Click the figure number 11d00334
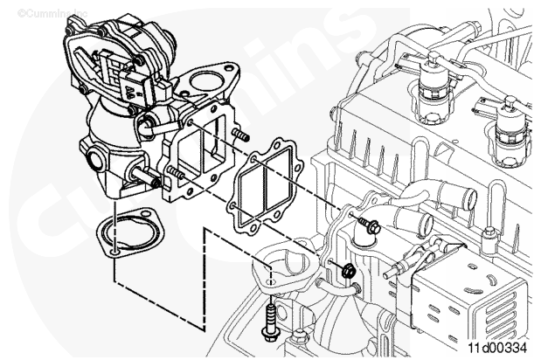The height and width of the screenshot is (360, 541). (x=497, y=347)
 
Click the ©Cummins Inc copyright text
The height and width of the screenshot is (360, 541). (x=52, y=13)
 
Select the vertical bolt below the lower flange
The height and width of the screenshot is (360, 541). (x=269, y=322)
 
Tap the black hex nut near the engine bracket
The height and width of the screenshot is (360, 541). (x=348, y=270)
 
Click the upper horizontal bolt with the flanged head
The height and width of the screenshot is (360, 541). (x=369, y=225)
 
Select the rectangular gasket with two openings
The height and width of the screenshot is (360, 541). (x=264, y=186)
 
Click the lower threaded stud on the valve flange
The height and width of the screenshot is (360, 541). (x=177, y=172)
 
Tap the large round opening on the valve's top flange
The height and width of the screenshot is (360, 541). (x=206, y=82)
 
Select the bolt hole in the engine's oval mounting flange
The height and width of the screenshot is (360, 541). (x=271, y=282)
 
